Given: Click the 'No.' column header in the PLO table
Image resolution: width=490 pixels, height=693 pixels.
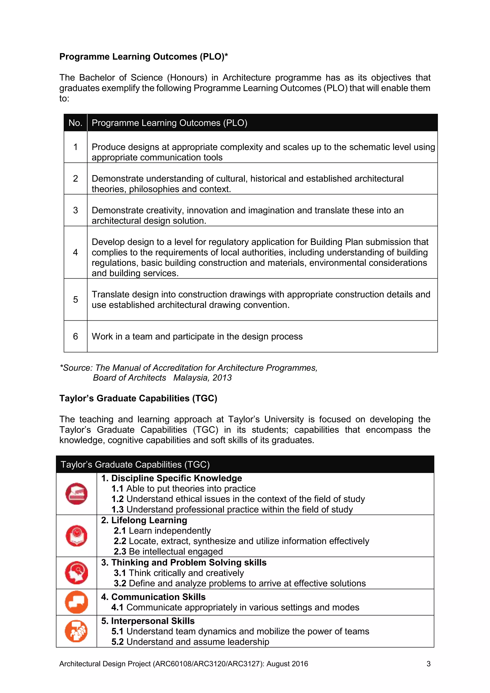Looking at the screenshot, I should pyautogui.click(x=75, y=123).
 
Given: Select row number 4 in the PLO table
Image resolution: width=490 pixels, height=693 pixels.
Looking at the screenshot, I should pyautogui.click(x=75, y=252).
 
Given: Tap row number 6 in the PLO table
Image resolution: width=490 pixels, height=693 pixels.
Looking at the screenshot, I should pyautogui.click(x=75, y=336).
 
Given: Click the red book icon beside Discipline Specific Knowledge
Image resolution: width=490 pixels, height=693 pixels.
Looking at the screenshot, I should pyautogui.click(x=76, y=494).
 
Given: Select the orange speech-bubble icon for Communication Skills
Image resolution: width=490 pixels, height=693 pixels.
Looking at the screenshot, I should pyautogui.click(x=76, y=602).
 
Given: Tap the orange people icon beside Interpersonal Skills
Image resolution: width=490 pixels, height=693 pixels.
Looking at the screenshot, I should pyautogui.click(x=76, y=631).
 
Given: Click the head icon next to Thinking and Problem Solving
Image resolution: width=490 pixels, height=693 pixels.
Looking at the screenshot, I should pyautogui.click(x=76, y=572).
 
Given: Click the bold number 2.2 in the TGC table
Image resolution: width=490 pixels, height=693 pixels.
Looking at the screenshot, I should pyautogui.click(x=120, y=541).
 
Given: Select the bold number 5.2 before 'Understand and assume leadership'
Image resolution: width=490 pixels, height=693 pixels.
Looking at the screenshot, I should pyautogui.click(x=117, y=642).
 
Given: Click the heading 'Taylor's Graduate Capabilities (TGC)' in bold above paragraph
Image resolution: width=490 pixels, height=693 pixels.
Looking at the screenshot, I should pyautogui.click(x=138, y=398).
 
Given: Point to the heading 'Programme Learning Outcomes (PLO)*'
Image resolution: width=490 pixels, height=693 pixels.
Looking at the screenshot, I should pyautogui.click(x=143, y=57).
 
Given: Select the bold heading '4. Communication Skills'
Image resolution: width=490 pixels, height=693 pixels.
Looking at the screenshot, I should pyautogui.click(x=153, y=597).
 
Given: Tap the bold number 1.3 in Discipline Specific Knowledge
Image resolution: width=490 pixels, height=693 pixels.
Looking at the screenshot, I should pyautogui.click(x=117, y=510).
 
